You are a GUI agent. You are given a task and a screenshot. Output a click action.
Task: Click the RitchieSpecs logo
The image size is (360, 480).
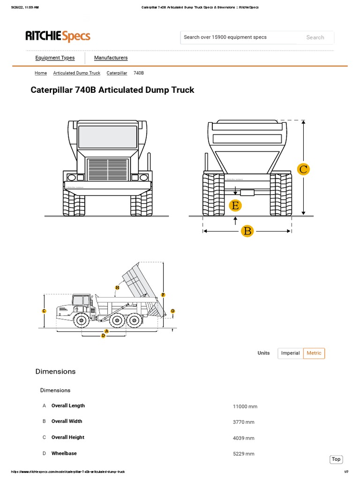pyautogui.click(x=58, y=37)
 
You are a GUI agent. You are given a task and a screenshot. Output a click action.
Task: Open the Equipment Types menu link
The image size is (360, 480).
pyautogui.click(x=55, y=58)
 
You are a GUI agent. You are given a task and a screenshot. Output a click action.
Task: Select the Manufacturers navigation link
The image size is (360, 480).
pyautogui.click(x=111, y=58)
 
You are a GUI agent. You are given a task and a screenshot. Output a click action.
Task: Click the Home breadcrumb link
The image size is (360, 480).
pyautogui.click(x=41, y=73)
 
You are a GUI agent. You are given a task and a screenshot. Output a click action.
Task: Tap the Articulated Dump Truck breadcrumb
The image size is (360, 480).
pyautogui.click(x=76, y=73)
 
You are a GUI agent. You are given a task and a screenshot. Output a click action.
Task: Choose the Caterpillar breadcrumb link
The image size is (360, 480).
pyautogui.click(x=117, y=73)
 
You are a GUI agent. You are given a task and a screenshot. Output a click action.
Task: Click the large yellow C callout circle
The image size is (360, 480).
pyautogui.click(x=303, y=169)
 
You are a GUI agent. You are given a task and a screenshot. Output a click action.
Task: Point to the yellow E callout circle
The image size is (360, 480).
pyautogui.click(x=235, y=205)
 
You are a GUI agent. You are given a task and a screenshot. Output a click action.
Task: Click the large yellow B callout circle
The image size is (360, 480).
pyautogui.click(x=247, y=231)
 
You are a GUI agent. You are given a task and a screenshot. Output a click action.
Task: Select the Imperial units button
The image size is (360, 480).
pyautogui.click(x=290, y=353)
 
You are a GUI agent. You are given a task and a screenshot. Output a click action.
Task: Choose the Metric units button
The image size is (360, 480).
pyautogui.click(x=314, y=353)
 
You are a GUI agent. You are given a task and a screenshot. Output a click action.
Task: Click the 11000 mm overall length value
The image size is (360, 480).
pyautogui.click(x=245, y=406)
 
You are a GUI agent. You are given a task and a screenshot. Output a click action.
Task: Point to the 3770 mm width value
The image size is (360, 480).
pyautogui.click(x=243, y=422)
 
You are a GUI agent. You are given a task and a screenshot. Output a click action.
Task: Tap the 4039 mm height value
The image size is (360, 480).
pyautogui.click(x=243, y=438)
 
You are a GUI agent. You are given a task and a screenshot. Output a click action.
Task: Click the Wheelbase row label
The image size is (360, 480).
pyautogui.click(x=64, y=453)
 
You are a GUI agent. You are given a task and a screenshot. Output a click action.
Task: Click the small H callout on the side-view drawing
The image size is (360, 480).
pyautogui.click(x=117, y=287)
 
